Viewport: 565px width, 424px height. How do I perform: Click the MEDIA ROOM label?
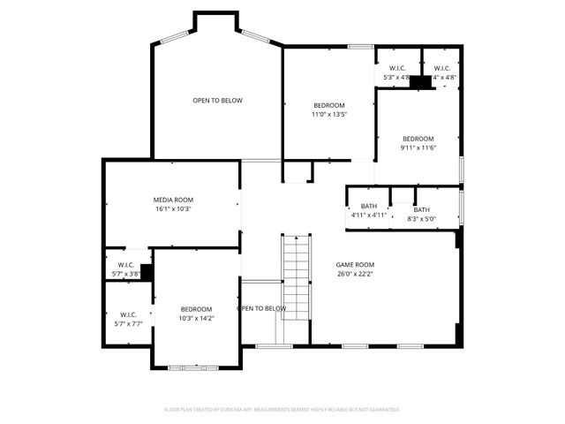coord(173,201)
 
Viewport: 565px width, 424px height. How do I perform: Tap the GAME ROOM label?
coord(355,264)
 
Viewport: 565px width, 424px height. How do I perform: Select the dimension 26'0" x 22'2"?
coord(355,274)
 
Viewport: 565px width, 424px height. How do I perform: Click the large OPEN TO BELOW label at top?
coord(217,101)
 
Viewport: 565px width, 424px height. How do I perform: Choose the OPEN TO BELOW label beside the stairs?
coord(261,308)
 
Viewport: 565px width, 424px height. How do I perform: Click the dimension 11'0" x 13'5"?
coord(328,114)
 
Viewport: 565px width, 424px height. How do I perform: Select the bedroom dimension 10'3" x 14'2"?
coord(197,318)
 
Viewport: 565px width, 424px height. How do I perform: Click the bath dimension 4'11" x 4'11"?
coord(368,215)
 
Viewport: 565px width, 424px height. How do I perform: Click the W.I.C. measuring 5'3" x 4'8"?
coord(396,78)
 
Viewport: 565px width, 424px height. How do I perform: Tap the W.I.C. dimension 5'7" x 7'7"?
coord(128,323)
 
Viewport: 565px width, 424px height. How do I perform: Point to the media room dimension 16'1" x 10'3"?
coord(173,209)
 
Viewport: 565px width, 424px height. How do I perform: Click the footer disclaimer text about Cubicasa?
coord(282,410)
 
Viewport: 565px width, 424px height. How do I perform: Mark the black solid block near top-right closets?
coord(420,82)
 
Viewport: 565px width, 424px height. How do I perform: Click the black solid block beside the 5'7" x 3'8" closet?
coord(147,272)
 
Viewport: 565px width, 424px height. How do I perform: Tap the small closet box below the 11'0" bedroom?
coord(296,171)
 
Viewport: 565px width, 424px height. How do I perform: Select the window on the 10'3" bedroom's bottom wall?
coord(187,367)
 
